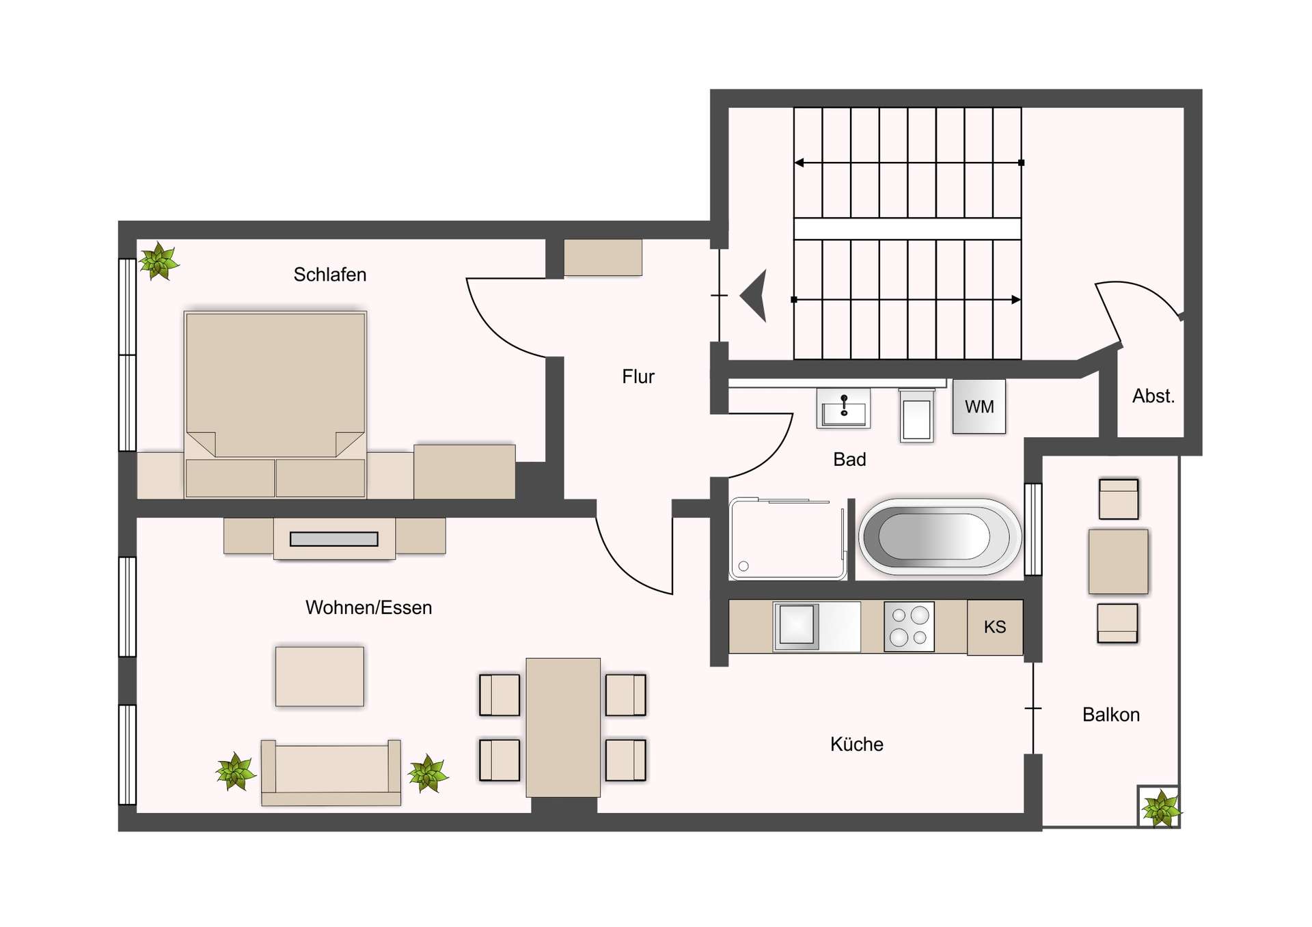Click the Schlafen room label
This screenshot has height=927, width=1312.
coord(330,275)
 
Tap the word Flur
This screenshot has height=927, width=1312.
coord(638,376)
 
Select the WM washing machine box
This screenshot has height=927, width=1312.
coord(979,406)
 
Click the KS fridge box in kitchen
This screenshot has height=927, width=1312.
coord(994,627)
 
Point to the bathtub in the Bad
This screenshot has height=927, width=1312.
coord(939,536)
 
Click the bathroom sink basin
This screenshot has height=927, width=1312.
coord(844,409)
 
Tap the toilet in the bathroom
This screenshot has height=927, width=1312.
coord(916,416)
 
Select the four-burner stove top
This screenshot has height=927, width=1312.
coord(909,626)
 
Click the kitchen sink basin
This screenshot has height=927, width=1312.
coord(797,624)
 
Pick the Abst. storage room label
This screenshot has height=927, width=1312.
coord(1153,396)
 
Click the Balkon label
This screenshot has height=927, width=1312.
coord(1110,715)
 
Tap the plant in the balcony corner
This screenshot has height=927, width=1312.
coord(1160,808)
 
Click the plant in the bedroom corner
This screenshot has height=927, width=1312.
coord(159,261)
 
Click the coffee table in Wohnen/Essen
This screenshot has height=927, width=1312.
coord(319,676)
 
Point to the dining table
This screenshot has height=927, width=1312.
coord(563,728)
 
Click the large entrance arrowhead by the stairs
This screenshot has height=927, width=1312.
coord(756,295)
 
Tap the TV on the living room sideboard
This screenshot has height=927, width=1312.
coord(333,539)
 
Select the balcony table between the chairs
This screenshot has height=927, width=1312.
coord(1118,562)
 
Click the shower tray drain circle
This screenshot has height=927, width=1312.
coord(743,566)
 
